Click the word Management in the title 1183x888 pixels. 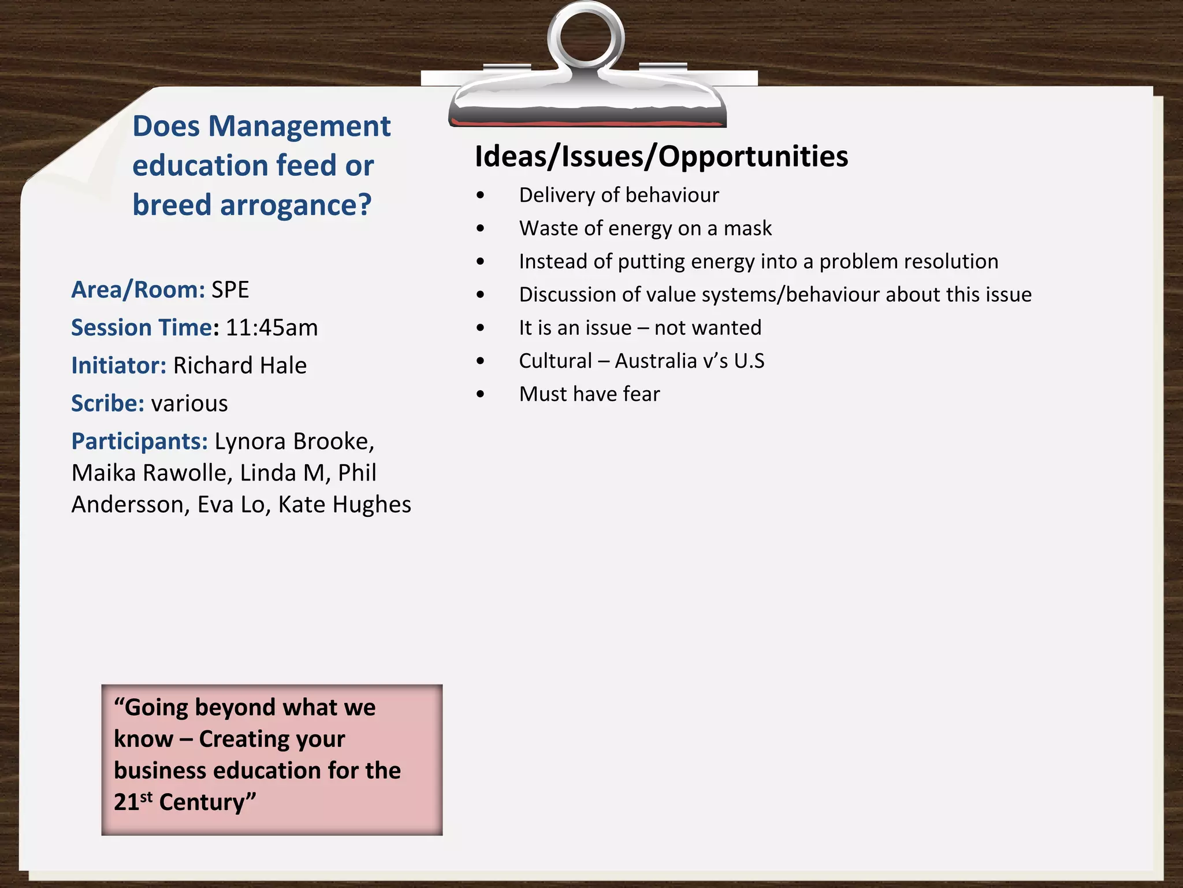coord(299,127)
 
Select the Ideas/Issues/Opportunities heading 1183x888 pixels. coord(661,157)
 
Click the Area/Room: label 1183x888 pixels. coord(137,290)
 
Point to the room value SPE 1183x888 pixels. coord(230,290)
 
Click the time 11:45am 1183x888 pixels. coord(271,328)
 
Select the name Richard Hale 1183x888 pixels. coord(240,365)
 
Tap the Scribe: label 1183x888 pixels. coord(107,404)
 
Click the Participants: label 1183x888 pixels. coord(139,441)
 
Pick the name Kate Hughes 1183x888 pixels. coord(344,505)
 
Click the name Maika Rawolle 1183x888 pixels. coord(151,473)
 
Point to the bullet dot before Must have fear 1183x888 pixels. coord(481,394)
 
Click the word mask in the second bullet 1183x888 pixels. coord(747,228)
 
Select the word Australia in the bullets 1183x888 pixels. coord(656,361)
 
